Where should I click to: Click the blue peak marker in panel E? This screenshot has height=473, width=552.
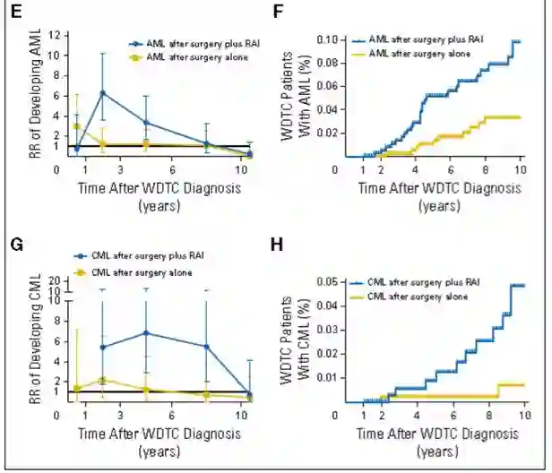[104, 92]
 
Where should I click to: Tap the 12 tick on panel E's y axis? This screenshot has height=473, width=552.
[55, 35]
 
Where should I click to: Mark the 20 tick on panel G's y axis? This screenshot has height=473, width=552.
[55, 281]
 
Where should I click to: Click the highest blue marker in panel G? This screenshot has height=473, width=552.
[146, 333]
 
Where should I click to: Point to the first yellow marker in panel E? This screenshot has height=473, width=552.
[78, 126]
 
